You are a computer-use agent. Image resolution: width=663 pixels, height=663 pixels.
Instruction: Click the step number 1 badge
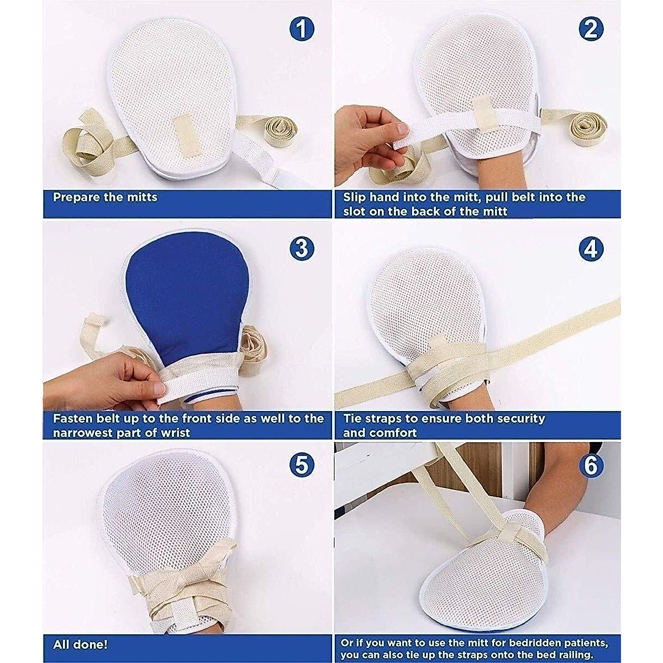coord(301,30)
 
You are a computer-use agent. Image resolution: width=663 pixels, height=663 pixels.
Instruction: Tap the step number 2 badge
coord(591,30)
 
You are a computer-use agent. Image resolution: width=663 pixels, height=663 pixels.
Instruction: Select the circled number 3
coord(302,249)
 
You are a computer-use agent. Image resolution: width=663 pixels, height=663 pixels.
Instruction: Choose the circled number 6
coord(591,466)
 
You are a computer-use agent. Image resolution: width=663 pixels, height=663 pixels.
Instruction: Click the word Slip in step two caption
coord(354,197)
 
